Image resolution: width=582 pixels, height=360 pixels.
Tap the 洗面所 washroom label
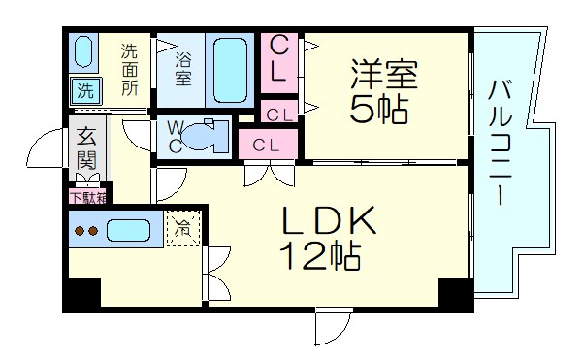(x=130, y=68)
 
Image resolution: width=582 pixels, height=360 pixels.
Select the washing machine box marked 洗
(x=84, y=93)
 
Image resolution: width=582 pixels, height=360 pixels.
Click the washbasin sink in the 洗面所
(x=83, y=50)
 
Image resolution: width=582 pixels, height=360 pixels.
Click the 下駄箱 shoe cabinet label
(x=88, y=196)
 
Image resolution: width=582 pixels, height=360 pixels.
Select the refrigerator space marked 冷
(x=182, y=230)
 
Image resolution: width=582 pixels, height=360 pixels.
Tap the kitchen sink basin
(x=128, y=232)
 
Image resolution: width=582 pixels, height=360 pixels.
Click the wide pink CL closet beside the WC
(x=266, y=145)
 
